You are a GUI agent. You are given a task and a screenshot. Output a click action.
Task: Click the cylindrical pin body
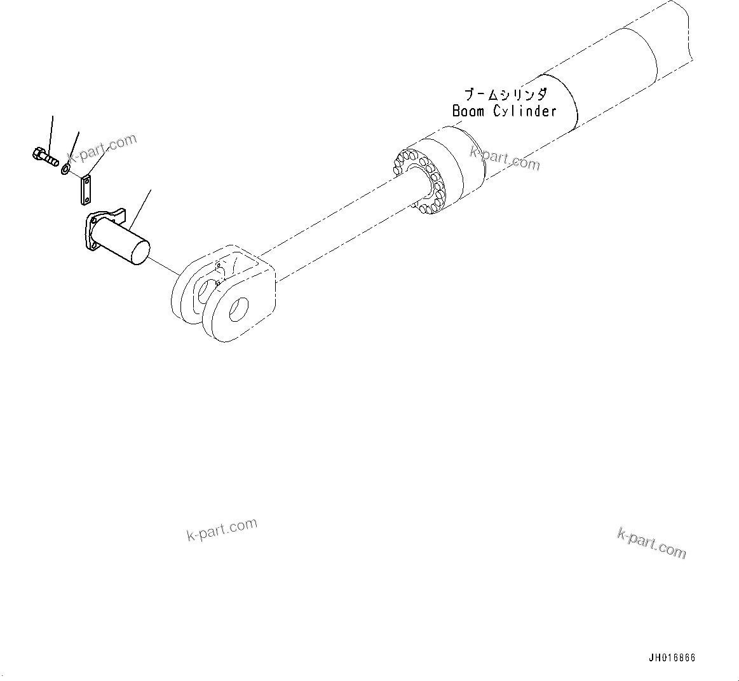pos(121,239)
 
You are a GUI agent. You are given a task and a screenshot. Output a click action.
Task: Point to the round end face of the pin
pos(140,252)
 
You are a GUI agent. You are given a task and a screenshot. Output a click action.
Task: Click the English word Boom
pos(468,111)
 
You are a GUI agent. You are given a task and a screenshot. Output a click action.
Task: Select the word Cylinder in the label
pos(525,111)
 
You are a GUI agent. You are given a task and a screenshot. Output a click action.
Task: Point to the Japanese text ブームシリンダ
pos(505,95)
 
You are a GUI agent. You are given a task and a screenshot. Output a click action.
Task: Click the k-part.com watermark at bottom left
pos(222,529)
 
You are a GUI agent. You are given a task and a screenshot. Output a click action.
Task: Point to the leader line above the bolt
pos(51,131)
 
